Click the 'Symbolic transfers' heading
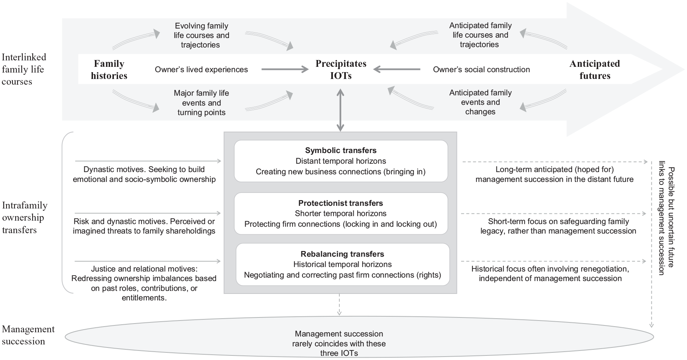341,150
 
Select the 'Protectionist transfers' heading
341,203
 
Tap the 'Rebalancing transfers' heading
342,254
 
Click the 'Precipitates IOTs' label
341,69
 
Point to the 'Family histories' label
109,69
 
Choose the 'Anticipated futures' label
595,69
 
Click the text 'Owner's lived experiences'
201,69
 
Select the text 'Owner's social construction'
481,69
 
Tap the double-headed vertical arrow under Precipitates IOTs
340,110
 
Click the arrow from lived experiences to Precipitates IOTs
285,69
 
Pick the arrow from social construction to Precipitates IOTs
397,69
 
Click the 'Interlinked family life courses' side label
24,69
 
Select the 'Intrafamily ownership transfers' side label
25,218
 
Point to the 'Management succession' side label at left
28,335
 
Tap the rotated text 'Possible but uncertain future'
671,217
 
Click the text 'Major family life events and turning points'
202,103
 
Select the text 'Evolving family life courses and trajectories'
202,35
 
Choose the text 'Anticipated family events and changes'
481,102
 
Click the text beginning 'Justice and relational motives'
144,283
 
